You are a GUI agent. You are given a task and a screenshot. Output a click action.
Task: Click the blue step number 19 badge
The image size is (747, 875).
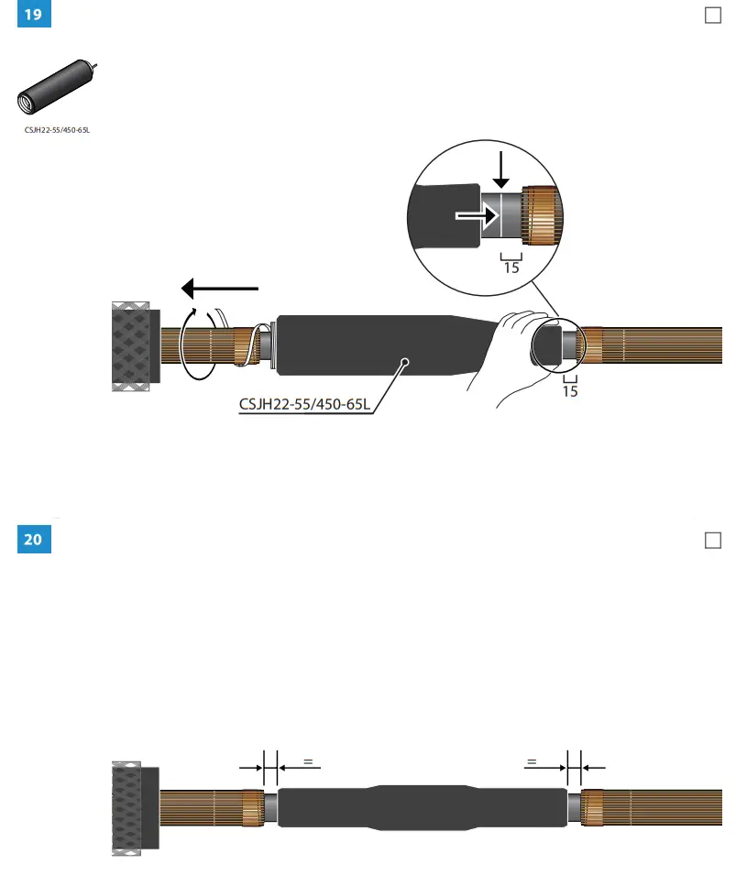coord(34,16)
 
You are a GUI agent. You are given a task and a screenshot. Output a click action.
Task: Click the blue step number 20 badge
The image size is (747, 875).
coord(34,539)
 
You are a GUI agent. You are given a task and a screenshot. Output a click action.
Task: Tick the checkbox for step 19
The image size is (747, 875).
coord(712,16)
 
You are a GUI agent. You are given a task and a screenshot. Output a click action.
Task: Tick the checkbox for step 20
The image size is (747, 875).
coord(712,541)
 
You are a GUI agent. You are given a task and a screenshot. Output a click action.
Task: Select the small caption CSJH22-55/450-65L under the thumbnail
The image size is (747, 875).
coord(58,130)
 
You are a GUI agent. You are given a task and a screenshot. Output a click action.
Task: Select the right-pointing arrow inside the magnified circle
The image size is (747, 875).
coord(478,216)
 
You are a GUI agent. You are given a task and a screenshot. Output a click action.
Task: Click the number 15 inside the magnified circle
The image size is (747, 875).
coord(511,268)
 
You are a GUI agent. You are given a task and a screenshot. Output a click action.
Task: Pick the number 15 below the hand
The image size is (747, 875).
coord(570,391)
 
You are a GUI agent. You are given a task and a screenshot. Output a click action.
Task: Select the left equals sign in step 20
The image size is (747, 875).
coord(308,760)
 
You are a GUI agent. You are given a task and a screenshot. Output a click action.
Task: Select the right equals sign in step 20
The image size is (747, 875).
coord(531,760)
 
